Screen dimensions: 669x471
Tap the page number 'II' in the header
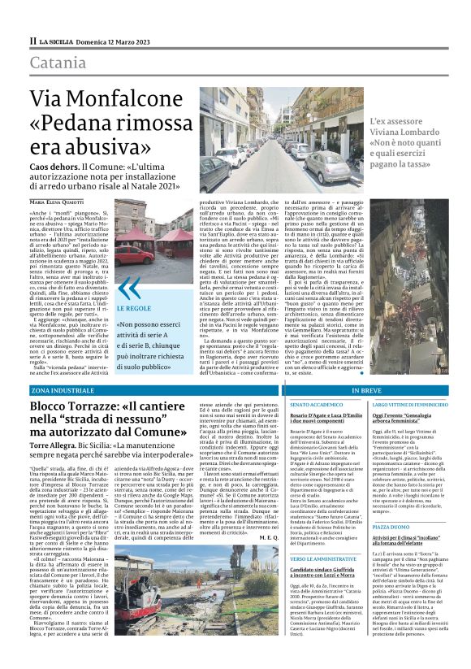click(x=33, y=40)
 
